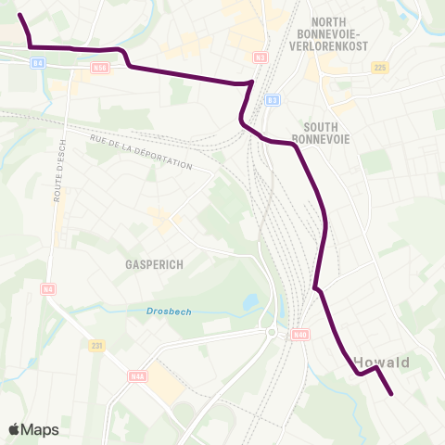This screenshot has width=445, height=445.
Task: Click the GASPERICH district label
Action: (x=154, y=263)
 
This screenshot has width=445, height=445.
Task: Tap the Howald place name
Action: (x=382, y=362)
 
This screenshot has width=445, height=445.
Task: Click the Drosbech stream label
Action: (x=169, y=311)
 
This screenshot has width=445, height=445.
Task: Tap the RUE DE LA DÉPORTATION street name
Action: (x=141, y=152)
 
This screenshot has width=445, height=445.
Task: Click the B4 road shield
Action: (x=37, y=63)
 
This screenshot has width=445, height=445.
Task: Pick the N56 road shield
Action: (x=100, y=67)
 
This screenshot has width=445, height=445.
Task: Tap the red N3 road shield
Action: (x=260, y=57)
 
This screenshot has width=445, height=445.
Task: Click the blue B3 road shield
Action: (x=272, y=100)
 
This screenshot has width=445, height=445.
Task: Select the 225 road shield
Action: (x=379, y=68)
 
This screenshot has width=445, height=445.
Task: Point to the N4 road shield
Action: (x=47, y=289)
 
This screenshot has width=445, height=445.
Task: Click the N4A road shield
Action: (x=138, y=376)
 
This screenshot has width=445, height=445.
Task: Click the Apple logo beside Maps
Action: (x=15, y=429)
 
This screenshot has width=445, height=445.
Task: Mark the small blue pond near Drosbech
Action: (x=249, y=301)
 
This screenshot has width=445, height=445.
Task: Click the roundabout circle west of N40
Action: (x=271, y=332)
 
